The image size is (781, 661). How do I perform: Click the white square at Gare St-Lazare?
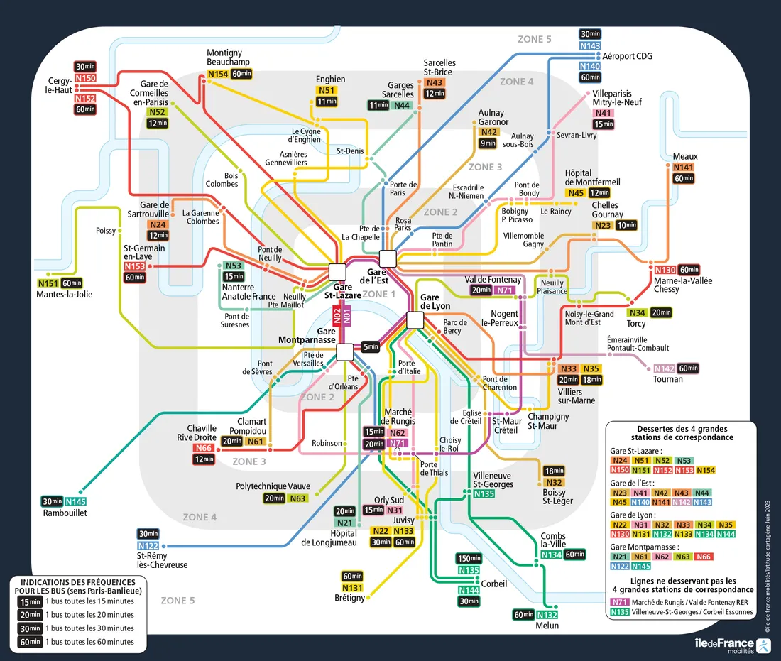[337, 271]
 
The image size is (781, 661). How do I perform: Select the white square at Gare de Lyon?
[415, 320]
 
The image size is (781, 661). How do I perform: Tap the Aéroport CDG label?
[627, 56]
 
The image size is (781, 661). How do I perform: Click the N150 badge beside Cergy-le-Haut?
[85, 78]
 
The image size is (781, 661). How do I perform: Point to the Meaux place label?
[685, 156]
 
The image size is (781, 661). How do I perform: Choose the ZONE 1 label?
[378, 294]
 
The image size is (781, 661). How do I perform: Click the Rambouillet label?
[65, 513]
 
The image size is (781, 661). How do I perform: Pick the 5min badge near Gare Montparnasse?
[370, 346]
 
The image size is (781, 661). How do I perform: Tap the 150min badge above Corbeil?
[469, 558]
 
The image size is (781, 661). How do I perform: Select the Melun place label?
[547, 626]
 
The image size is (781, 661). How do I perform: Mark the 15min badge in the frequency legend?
[29, 601]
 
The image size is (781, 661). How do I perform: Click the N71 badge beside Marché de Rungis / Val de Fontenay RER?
[619, 601]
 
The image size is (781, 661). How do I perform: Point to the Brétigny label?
[349, 598]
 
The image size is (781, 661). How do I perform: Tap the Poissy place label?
[105, 231]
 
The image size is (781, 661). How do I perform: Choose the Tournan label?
[667, 379]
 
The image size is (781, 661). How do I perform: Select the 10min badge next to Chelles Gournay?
[626, 226]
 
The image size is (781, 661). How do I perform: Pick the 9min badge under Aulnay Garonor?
[488, 143]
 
